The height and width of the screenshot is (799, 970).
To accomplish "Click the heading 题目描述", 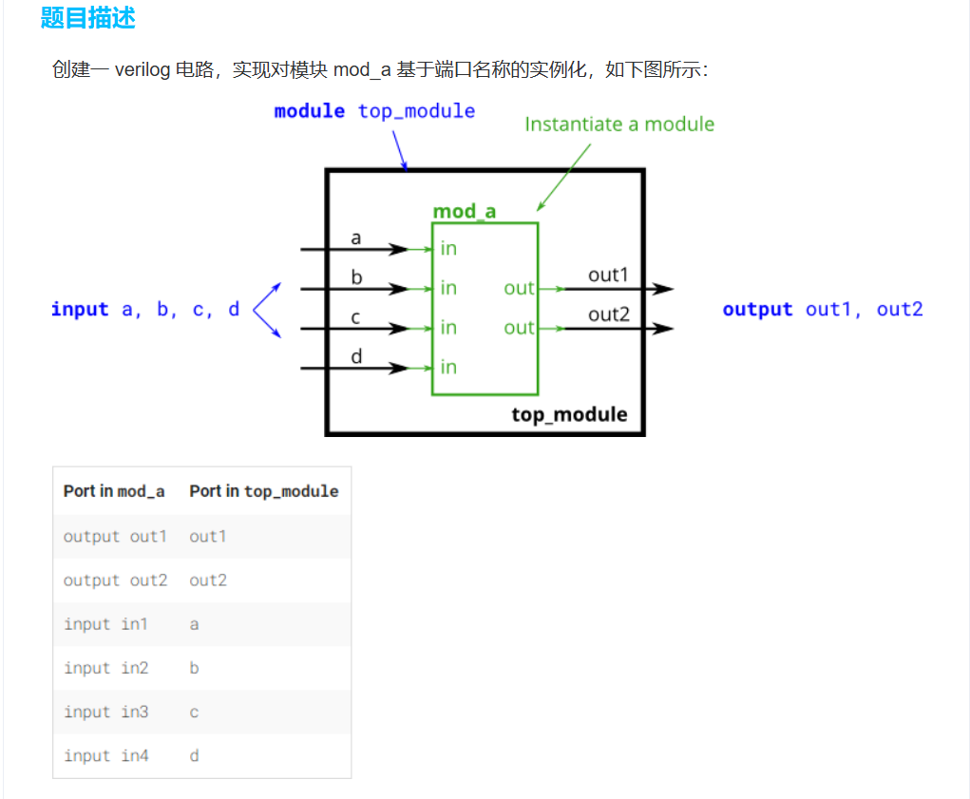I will point(88,18).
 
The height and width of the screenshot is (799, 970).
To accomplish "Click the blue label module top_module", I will point(374,111).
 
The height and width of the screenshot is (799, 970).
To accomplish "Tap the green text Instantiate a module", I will point(618,124).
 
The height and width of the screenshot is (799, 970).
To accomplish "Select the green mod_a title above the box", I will point(464,211).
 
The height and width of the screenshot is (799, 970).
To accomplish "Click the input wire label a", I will point(356,238).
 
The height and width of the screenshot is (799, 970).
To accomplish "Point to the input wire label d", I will point(356,356).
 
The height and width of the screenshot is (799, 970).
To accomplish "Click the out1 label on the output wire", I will point(608,276).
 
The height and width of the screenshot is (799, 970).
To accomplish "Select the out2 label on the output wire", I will point(608,315).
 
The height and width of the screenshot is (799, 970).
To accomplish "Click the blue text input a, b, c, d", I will point(145,310).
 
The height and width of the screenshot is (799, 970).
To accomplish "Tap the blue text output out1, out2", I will point(822,310).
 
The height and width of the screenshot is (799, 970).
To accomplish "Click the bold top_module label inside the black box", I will point(569,414).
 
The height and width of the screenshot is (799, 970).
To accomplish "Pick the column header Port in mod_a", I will point(114,491).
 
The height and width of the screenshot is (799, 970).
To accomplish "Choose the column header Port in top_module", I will point(263,491).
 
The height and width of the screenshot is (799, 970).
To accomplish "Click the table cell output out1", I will point(115,537).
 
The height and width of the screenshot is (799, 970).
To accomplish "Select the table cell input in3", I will point(106,712).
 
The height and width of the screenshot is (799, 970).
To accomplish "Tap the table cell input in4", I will point(106,756).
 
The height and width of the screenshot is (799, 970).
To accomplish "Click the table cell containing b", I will point(194,668).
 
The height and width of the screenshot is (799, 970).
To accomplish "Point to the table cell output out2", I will point(115,580).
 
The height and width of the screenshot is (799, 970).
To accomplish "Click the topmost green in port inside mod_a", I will point(448,249).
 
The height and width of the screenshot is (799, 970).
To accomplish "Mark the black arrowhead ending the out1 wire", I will point(664,289).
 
